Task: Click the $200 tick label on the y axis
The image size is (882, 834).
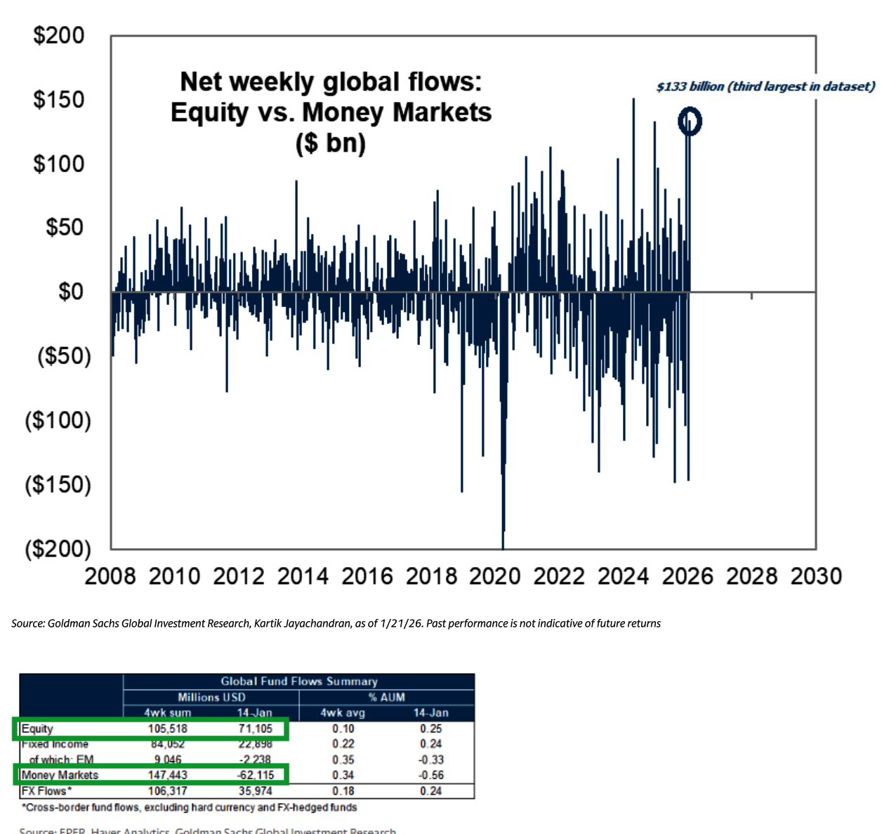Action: [58, 35]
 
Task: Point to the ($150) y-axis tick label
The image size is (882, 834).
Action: [58, 484]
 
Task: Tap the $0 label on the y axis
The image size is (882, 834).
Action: [70, 291]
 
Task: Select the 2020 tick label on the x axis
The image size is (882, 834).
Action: [495, 576]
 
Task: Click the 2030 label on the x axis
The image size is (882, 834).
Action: [816, 576]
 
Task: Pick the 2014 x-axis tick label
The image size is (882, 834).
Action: [303, 576]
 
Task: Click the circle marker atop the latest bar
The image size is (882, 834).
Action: [690, 121]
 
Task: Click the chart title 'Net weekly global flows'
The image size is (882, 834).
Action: [331, 82]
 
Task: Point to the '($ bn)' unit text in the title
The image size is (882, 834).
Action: [331, 143]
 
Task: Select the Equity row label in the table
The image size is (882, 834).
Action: [37, 729]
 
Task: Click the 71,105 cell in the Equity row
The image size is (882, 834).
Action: [255, 729]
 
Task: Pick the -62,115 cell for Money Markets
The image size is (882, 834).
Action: [255, 775]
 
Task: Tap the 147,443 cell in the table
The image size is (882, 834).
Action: [167, 775]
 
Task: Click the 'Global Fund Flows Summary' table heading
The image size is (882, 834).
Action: [299, 681]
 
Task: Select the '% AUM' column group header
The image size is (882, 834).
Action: [387, 697]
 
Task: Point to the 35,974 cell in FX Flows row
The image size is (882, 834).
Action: [255, 791]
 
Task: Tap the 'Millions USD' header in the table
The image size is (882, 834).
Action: [211, 697]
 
